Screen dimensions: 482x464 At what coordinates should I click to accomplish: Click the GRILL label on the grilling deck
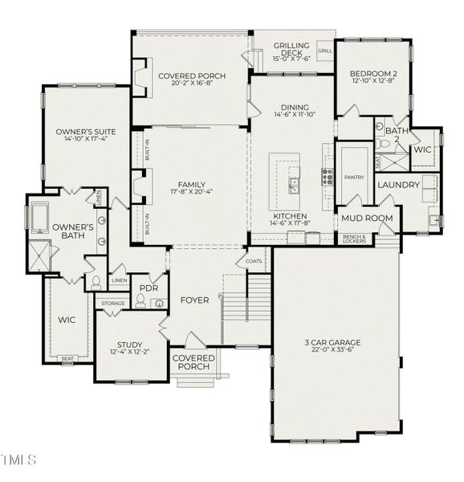click(324, 51)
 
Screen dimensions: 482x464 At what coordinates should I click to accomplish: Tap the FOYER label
click(194, 300)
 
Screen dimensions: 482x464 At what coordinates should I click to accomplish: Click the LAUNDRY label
click(398, 185)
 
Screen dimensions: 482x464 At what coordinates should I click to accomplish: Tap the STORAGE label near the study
click(111, 303)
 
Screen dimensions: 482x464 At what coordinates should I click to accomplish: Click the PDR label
click(149, 288)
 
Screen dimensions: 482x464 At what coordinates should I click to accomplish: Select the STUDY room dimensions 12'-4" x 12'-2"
click(128, 352)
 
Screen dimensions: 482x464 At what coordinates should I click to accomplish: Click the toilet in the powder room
click(140, 301)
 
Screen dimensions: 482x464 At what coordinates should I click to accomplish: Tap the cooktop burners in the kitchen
click(328, 177)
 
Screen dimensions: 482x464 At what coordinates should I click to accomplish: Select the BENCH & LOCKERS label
click(354, 238)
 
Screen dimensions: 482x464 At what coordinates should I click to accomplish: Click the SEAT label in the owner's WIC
click(67, 358)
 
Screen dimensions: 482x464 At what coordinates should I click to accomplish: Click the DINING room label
click(295, 107)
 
